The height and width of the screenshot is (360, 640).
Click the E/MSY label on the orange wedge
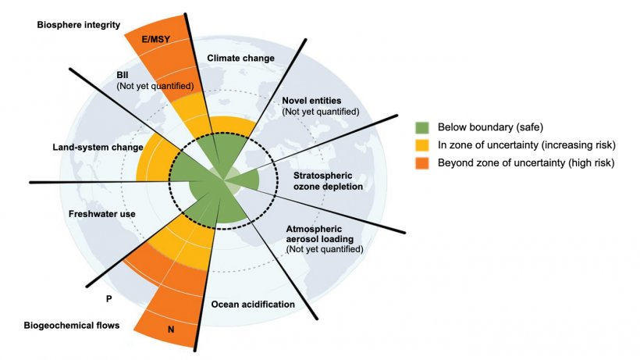pos(156,40)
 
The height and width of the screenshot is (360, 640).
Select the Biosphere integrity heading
pos(79,25)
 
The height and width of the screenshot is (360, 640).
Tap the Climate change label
pos(241,58)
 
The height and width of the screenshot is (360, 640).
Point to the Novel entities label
pos(311,101)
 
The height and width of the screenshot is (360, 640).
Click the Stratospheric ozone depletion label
pos(328,181)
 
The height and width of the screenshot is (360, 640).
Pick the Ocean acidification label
pos(253,304)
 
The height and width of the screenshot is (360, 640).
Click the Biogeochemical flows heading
pos(72,326)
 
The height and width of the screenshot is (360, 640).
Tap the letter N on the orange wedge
pos(171,329)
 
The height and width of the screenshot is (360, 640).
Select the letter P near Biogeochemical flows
pos(109,299)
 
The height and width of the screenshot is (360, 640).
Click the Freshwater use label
pos(102,214)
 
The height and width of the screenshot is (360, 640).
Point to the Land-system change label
pos(98,148)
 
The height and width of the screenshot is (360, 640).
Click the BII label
pos(123,75)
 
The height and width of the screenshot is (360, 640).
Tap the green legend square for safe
pos(422,127)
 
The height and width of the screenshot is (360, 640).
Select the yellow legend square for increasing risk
pos(422,145)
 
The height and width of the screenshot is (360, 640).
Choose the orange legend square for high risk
pos(422,163)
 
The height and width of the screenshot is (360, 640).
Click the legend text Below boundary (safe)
pos(490,127)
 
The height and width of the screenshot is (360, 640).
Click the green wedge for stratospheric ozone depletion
pos(246,180)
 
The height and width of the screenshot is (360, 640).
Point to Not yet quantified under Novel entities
pos(321,112)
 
